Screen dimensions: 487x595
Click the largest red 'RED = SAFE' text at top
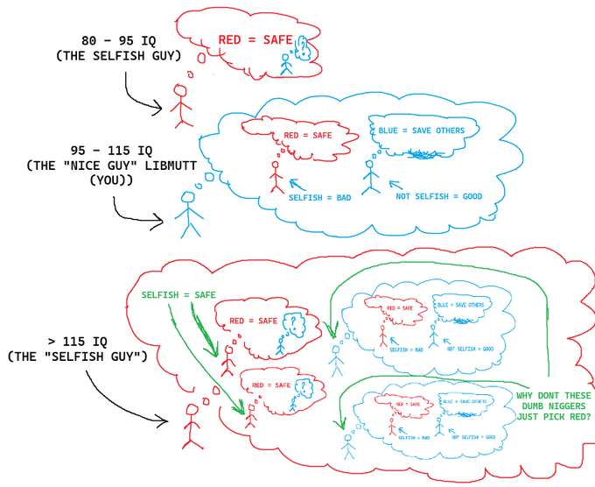pyautogui.click(x=255, y=40)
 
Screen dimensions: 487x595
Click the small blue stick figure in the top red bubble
pyautogui.click(x=283, y=63)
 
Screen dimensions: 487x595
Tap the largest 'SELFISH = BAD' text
pyautogui.click(x=319, y=198)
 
